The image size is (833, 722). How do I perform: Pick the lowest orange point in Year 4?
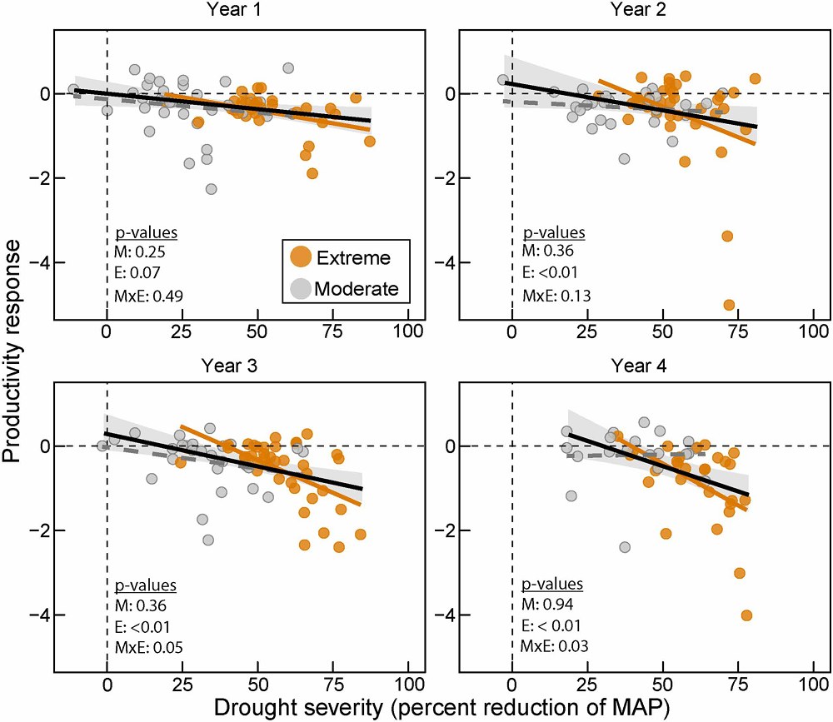(x=746, y=615)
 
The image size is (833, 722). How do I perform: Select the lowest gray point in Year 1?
(x=212, y=190)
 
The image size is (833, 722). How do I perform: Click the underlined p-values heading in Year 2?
(x=554, y=233)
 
